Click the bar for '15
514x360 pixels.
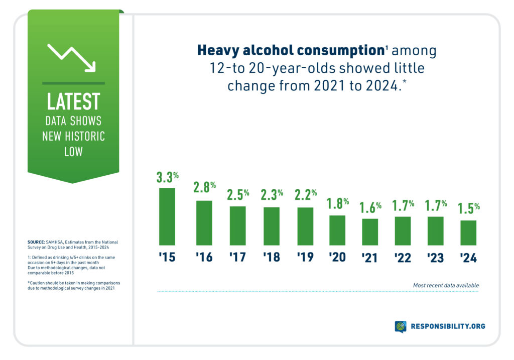pyautogui.click(x=167, y=216)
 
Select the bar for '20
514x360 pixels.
pyautogui.click(x=337, y=230)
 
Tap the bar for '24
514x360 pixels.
pyautogui.click(x=468, y=232)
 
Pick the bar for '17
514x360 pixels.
pyautogui.click(x=237, y=225)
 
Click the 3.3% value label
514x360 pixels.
pyautogui.click(x=167, y=177)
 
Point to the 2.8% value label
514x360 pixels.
pyautogui.click(x=204, y=188)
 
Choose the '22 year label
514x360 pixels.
pyautogui.click(x=403, y=257)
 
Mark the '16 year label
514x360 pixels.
pyautogui.click(x=204, y=257)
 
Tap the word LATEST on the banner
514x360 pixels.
pyautogui.click(x=73, y=101)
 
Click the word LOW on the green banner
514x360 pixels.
pyautogui.click(x=73, y=152)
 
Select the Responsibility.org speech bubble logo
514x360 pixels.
pyautogui.click(x=400, y=327)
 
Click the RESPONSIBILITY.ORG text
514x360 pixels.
pyautogui.click(x=448, y=327)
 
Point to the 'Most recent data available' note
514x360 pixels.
pyautogui.click(x=445, y=285)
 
